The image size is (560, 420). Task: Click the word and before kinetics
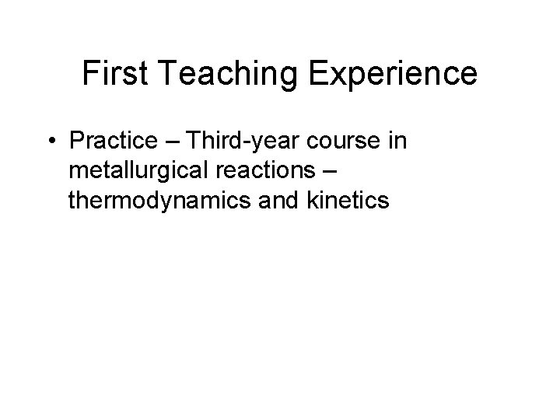(x=278, y=200)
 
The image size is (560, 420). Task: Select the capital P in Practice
(x=76, y=142)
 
